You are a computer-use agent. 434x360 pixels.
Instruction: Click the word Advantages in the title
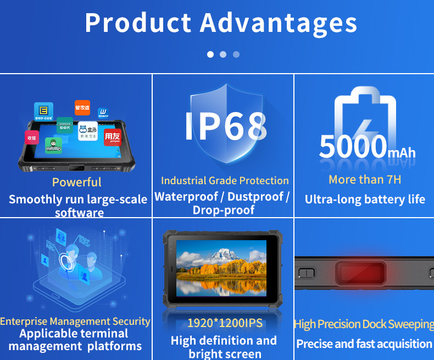tap(279, 24)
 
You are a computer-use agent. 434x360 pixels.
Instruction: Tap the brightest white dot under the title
tap(210, 54)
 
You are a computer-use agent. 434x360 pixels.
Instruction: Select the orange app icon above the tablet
tap(82, 108)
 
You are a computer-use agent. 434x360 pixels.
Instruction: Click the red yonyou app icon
tap(112, 136)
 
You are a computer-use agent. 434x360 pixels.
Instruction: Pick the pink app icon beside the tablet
tap(32, 138)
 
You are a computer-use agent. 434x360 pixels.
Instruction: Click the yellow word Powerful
tap(77, 182)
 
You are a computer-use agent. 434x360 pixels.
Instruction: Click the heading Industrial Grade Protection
tap(224, 180)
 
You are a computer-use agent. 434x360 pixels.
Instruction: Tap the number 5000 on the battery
tap(353, 147)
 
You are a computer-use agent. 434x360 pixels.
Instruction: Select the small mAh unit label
tap(402, 153)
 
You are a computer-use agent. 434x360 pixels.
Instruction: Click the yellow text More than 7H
tap(365, 179)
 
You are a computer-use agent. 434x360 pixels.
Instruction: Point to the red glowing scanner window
tap(363, 272)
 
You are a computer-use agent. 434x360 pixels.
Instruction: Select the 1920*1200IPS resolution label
tap(224, 323)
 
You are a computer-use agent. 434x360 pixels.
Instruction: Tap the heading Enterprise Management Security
tap(75, 321)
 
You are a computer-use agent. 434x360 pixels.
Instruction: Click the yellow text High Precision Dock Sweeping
tap(364, 324)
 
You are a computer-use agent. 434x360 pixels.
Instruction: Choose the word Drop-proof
tap(224, 210)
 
